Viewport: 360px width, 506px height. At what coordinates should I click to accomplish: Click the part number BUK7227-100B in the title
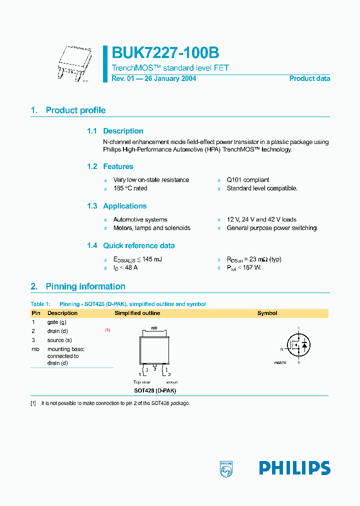(165, 53)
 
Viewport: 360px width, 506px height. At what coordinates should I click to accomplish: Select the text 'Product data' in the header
(309, 78)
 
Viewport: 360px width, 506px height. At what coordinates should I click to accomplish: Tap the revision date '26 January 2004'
(170, 78)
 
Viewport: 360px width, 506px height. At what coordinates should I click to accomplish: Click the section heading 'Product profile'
(75, 110)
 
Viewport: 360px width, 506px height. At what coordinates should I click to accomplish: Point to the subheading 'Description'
(123, 131)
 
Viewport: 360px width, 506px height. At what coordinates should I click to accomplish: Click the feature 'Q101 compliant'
(248, 180)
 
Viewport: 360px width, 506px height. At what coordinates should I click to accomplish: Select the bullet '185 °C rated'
(130, 188)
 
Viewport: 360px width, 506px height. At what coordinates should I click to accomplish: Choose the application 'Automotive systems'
(140, 219)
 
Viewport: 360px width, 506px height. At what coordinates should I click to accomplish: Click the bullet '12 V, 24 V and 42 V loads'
(261, 219)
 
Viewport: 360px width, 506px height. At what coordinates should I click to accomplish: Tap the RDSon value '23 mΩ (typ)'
(263, 259)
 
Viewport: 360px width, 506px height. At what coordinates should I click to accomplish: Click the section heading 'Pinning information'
(85, 286)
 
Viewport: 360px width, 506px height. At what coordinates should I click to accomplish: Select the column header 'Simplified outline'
(137, 313)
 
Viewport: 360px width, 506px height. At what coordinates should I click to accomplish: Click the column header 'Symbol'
(267, 313)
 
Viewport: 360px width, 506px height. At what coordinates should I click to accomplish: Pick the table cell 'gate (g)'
(56, 322)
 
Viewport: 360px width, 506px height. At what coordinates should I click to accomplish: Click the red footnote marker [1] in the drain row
(107, 330)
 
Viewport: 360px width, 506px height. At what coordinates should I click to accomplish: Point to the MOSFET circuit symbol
(298, 344)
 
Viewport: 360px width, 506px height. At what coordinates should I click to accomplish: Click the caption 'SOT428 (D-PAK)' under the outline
(155, 390)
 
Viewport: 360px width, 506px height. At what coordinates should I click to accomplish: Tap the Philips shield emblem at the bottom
(226, 468)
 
